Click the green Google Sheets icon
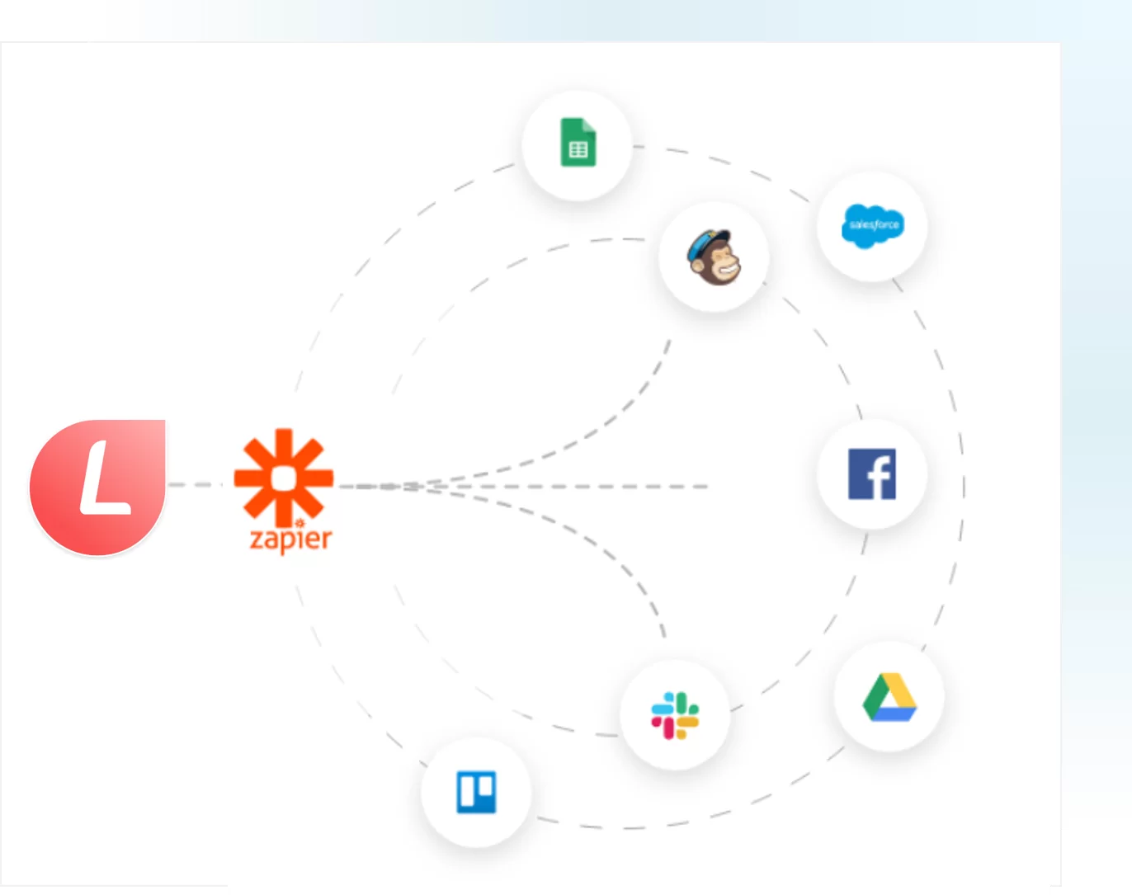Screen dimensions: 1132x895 578,142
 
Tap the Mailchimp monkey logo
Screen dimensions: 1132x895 715,257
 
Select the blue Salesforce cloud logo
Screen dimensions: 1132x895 873,225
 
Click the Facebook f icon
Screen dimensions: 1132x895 872,473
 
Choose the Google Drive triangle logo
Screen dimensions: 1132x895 889,697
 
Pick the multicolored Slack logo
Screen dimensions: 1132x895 675,715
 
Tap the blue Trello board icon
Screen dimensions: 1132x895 476,792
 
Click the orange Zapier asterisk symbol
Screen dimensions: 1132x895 284,478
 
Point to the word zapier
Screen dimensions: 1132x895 291,539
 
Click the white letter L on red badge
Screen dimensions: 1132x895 104,478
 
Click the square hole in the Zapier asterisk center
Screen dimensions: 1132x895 284,478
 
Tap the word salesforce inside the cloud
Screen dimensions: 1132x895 874,225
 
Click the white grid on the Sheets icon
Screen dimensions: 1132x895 578,150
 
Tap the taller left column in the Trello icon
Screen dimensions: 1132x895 467,791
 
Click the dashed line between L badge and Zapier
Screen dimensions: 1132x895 195,484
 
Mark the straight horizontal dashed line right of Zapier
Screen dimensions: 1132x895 523,487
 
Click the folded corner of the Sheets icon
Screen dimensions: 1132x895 590,126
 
